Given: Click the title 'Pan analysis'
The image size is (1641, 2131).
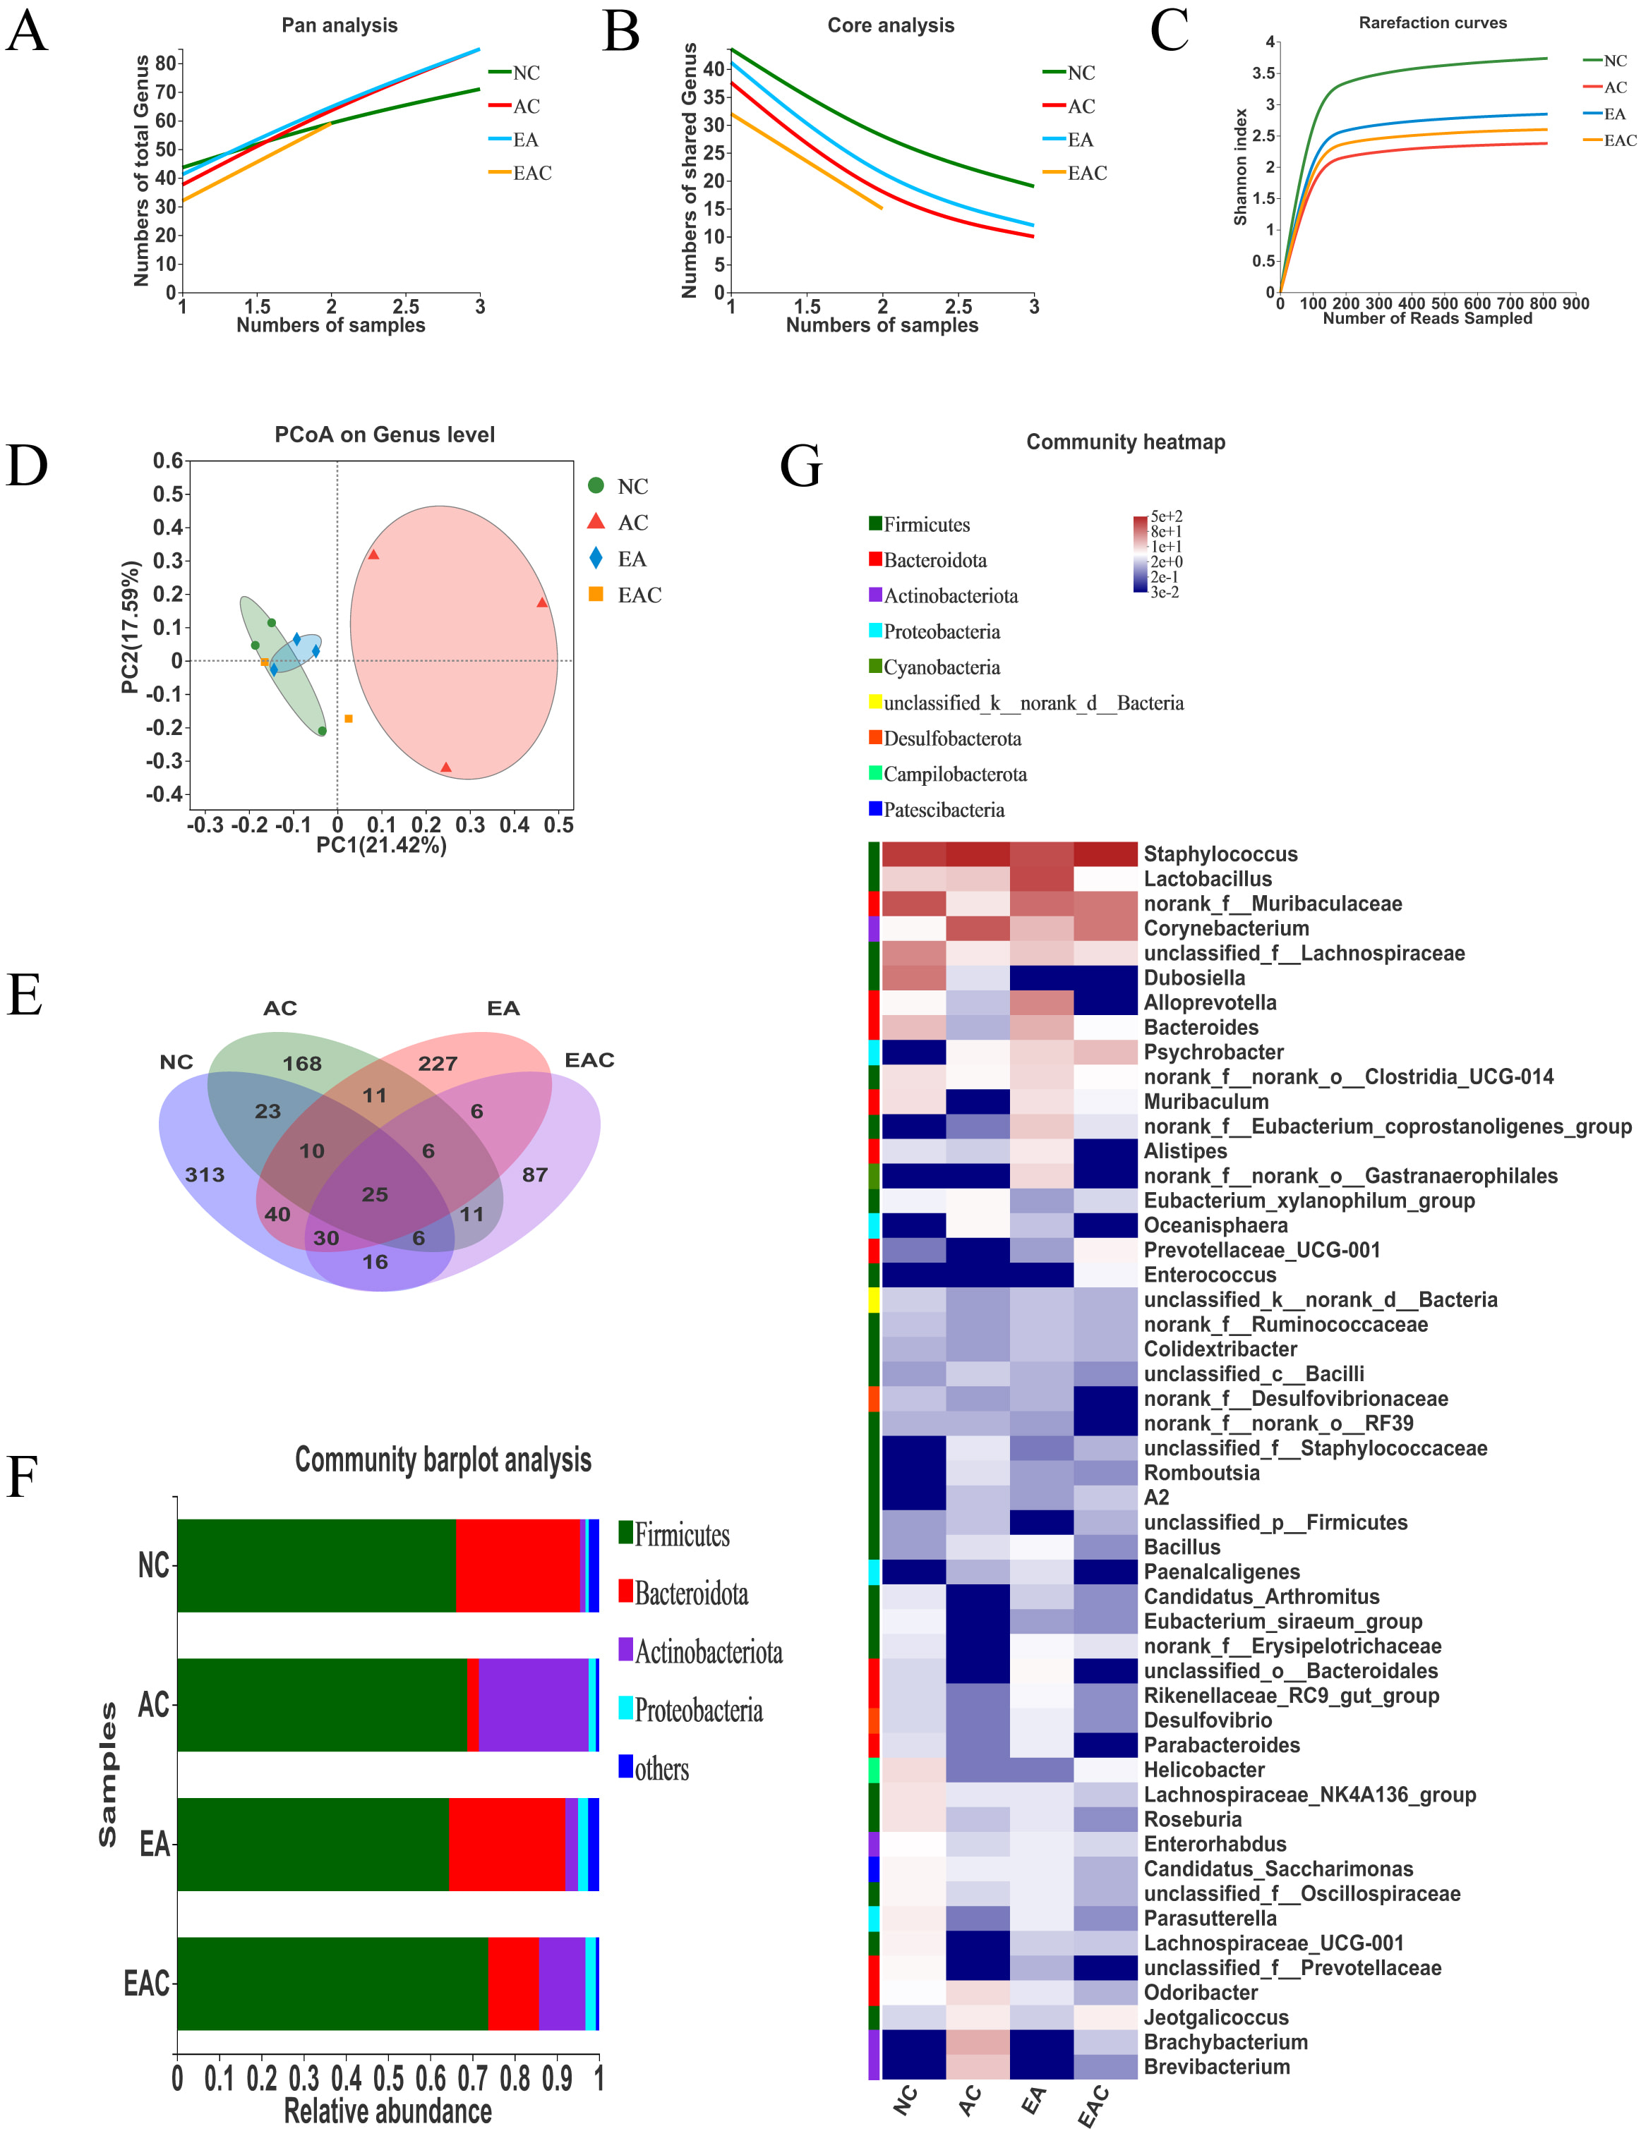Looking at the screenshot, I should tap(339, 25).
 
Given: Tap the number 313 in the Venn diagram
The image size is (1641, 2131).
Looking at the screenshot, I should tap(205, 1174).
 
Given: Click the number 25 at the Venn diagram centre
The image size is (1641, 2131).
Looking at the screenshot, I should tap(375, 1194).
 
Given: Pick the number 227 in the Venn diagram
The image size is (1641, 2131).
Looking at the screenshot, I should tap(438, 1064).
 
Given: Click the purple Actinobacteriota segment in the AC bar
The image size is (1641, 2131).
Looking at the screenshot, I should tap(533, 1705).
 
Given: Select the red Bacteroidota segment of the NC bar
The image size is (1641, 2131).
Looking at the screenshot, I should tap(517, 1565).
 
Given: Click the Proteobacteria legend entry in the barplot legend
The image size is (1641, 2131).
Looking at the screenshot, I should tap(698, 1711).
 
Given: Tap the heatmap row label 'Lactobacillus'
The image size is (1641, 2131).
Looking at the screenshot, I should tap(1208, 879).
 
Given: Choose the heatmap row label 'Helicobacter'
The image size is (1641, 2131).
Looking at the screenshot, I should tap(1203, 1770).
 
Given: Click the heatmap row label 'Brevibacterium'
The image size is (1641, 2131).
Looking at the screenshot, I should tap(1216, 2067).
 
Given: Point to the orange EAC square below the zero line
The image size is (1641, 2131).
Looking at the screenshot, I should tap(349, 719).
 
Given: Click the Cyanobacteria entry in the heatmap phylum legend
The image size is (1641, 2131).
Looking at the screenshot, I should tap(941, 667).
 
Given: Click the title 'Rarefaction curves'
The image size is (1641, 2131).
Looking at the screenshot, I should tap(1432, 23).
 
